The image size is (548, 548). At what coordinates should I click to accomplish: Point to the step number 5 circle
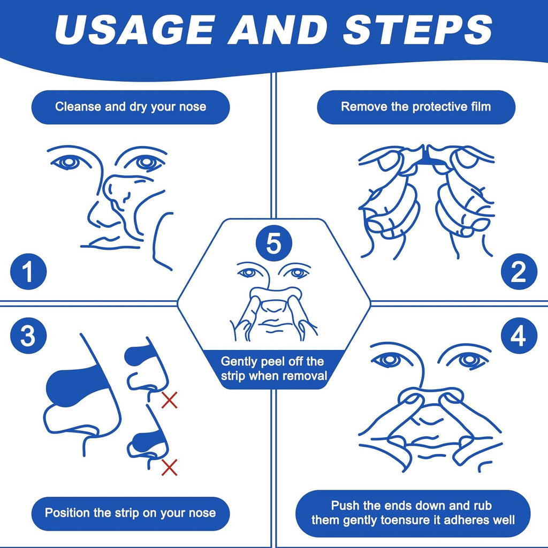click(273, 243)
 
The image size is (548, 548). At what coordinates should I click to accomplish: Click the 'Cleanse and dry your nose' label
click(131, 106)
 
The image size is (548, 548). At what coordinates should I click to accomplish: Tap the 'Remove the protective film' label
click(416, 106)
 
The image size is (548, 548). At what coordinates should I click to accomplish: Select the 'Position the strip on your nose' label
click(131, 513)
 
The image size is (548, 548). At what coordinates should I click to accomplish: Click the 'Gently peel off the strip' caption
click(273, 369)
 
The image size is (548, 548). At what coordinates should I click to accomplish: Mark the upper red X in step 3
click(170, 400)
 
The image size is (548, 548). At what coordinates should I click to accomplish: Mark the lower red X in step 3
click(170, 467)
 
